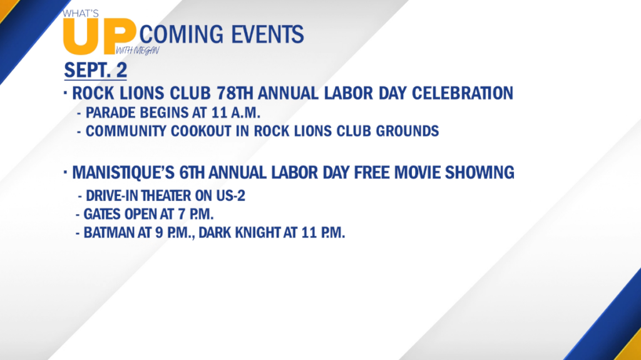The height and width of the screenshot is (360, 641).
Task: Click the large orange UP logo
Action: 99,37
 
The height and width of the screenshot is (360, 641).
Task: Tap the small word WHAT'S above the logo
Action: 81,14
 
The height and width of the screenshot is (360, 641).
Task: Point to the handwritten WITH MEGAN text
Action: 138,50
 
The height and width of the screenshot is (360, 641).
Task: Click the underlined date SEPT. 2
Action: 96,70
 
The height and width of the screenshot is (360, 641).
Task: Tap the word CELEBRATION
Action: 463,93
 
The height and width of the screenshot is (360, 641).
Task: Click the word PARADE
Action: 110,113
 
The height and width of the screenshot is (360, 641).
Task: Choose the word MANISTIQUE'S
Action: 123,173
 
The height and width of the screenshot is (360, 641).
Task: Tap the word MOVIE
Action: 417,173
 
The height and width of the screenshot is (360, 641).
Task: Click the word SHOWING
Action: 479,173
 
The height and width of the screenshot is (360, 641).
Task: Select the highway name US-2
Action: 231,195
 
